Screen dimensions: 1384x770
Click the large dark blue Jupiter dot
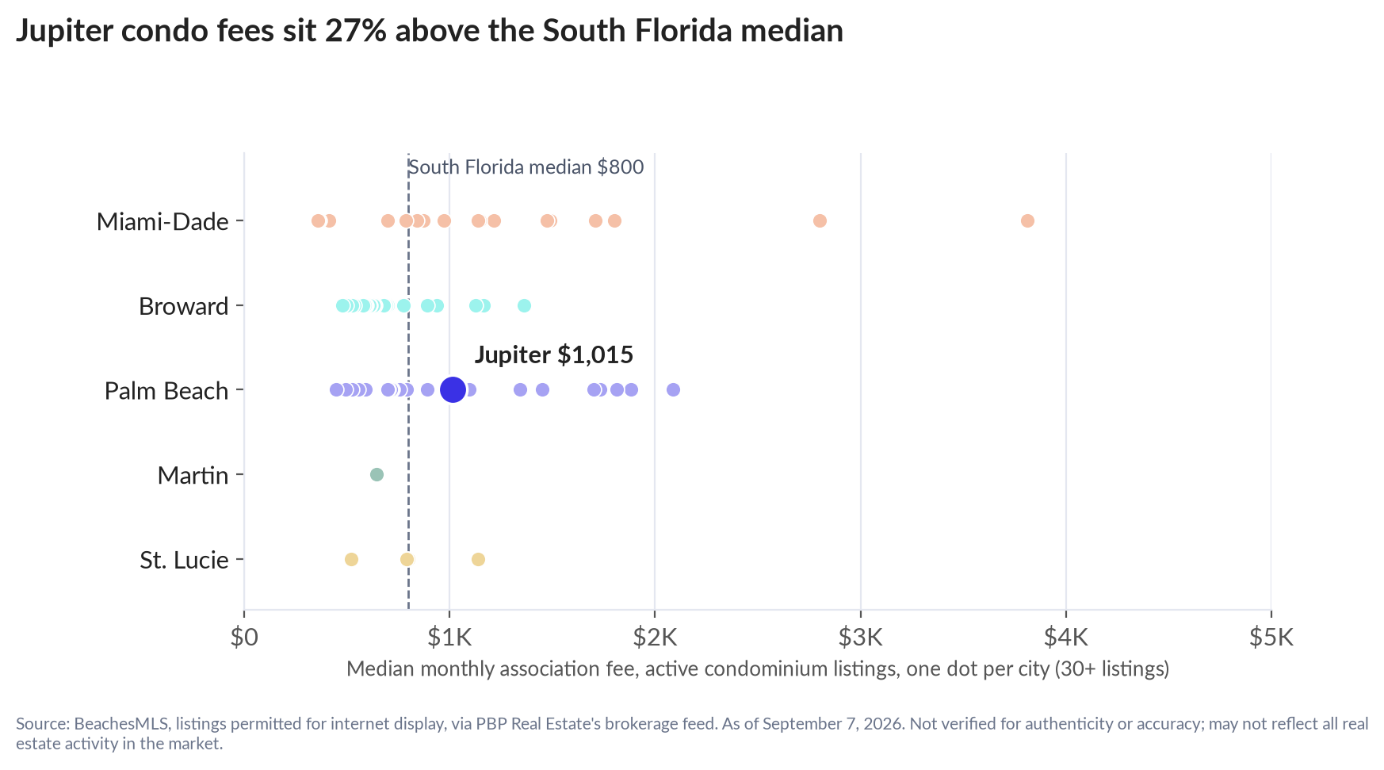coord(452,389)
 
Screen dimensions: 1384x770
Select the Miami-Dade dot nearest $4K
coord(1027,220)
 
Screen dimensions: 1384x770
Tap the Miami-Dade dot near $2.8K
coord(820,220)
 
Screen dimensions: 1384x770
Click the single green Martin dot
coord(377,474)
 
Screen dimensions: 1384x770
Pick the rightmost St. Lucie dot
coord(478,559)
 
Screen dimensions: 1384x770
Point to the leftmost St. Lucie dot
coord(351,559)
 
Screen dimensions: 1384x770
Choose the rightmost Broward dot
coord(524,305)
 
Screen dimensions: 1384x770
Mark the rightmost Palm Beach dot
coord(673,389)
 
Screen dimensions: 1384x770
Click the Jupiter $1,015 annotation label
coord(554,354)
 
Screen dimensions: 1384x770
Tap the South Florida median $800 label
coord(526,167)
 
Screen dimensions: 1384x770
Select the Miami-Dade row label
coord(162,221)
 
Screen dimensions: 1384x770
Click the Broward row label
coord(184,306)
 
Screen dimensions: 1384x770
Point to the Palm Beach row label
coord(166,391)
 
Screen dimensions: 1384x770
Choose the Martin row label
coord(193,476)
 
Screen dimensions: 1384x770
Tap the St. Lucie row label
coord(185,561)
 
